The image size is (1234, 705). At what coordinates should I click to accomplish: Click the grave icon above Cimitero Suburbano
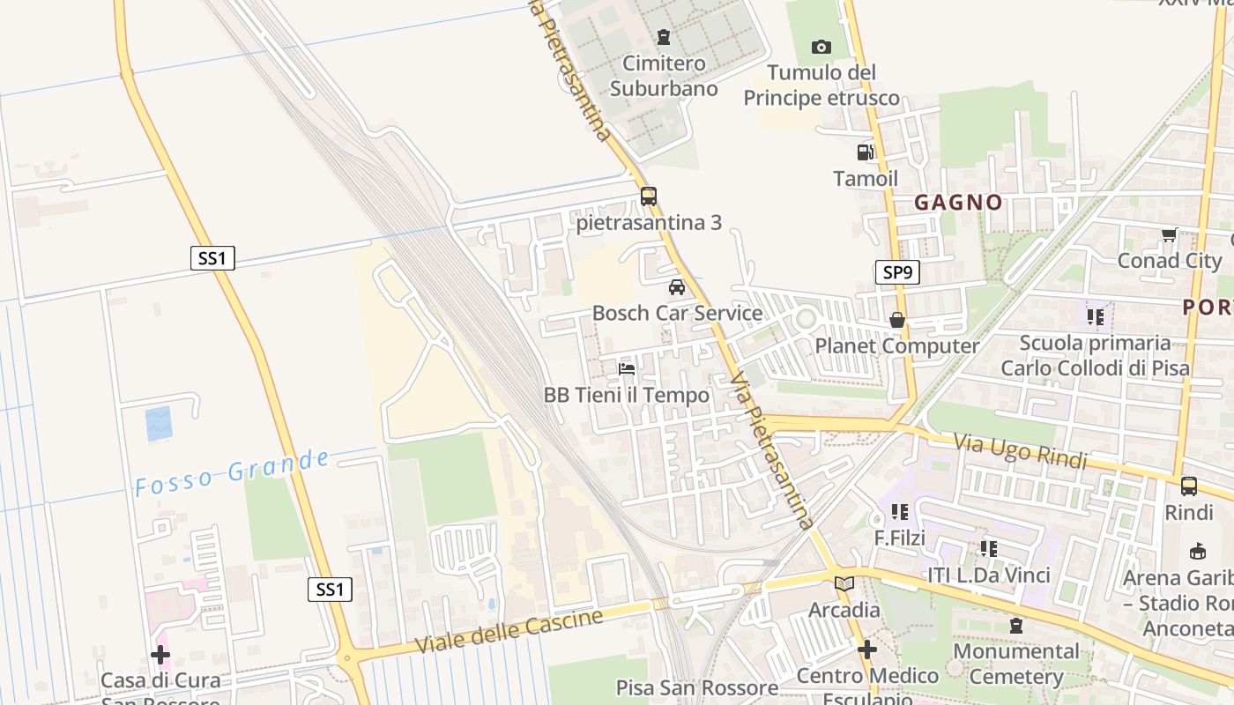pyautogui.click(x=663, y=37)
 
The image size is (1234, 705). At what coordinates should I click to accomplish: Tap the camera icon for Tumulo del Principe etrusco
pyautogui.click(x=821, y=47)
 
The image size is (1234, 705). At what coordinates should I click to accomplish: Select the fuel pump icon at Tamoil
pyautogui.click(x=866, y=152)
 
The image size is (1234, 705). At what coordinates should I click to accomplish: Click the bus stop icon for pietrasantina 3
pyautogui.click(x=649, y=197)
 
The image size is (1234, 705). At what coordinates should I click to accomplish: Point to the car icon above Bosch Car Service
pyautogui.click(x=677, y=286)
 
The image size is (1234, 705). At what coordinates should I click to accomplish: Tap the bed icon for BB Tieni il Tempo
pyautogui.click(x=627, y=368)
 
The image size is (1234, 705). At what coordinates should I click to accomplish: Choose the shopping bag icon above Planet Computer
pyautogui.click(x=897, y=320)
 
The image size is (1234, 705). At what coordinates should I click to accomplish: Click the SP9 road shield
pyautogui.click(x=897, y=272)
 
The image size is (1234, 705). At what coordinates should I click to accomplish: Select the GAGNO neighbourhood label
pyautogui.click(x=958, y=203)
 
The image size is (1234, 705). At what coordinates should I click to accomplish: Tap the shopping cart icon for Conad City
pyautogui.click(x=1170, y=234)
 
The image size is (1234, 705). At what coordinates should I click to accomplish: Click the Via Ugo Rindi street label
pyautogui.click(x=1021, y=450)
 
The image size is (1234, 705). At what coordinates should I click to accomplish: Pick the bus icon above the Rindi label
pyautogui.click(x=1189, y=486)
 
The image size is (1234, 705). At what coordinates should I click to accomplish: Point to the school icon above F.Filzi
pyautogui.click(x=900, y=511)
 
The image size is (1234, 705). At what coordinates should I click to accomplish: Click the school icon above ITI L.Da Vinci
pyautogui.click(x=989, y=549)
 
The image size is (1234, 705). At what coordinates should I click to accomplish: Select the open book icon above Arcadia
pyautogui.click(x=844, y=583)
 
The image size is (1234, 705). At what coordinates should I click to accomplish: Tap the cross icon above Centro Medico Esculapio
pyautogui.click(x=867, y=649)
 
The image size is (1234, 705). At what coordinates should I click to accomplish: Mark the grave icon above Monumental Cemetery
pyautogui.click(x=1016, y=626)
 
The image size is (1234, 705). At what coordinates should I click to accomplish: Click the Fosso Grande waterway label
pyautogui.click(x=233, y=473)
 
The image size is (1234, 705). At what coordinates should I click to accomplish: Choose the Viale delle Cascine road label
pyautogui.click(x=509, y=631)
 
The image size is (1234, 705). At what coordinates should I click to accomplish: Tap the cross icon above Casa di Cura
pyautogui.click(x=160, y=655)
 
